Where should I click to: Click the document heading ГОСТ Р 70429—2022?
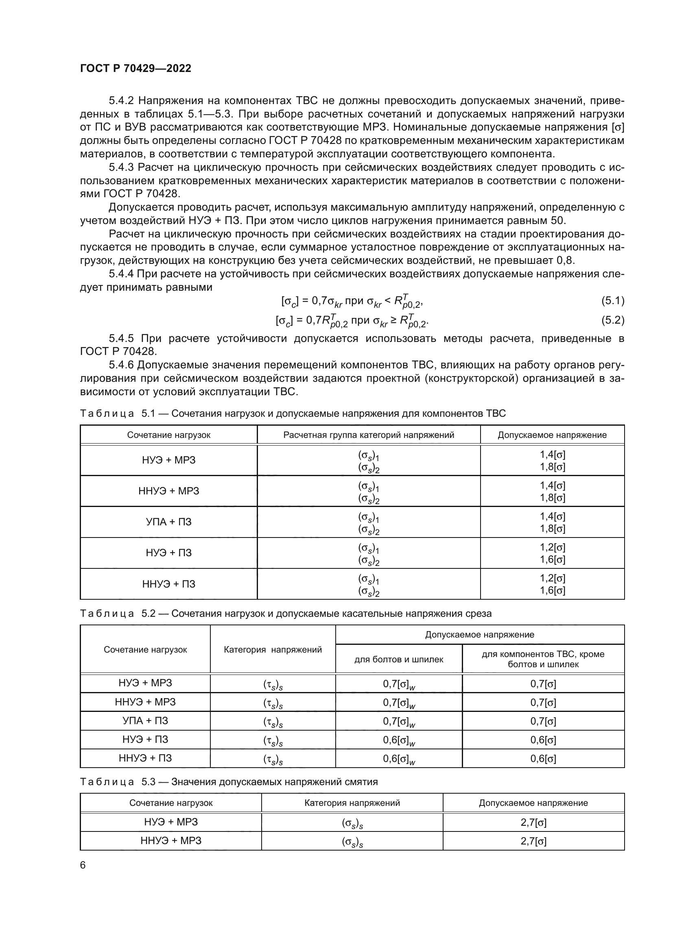[135, 68]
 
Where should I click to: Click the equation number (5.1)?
[612, 301]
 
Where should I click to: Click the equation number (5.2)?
[612, 320]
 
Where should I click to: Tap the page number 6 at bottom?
[83, 865]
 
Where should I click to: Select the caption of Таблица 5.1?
[293, 413]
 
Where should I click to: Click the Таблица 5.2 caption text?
[286, 614]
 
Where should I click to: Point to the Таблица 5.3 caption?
[229, 781]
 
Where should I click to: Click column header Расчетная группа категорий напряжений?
[368, 435]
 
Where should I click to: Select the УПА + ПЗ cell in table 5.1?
[169, 522]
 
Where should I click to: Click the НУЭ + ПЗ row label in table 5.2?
[145, 739]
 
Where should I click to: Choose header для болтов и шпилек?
[399, 659]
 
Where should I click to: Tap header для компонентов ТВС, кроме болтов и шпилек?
[543, 659]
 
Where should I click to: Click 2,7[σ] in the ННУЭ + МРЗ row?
[533, 841]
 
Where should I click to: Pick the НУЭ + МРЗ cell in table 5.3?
[171, 822]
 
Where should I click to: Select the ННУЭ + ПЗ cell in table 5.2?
[145, 758]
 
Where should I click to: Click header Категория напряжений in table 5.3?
[352, 803]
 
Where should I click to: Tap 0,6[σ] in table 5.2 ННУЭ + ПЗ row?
[543, 758]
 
